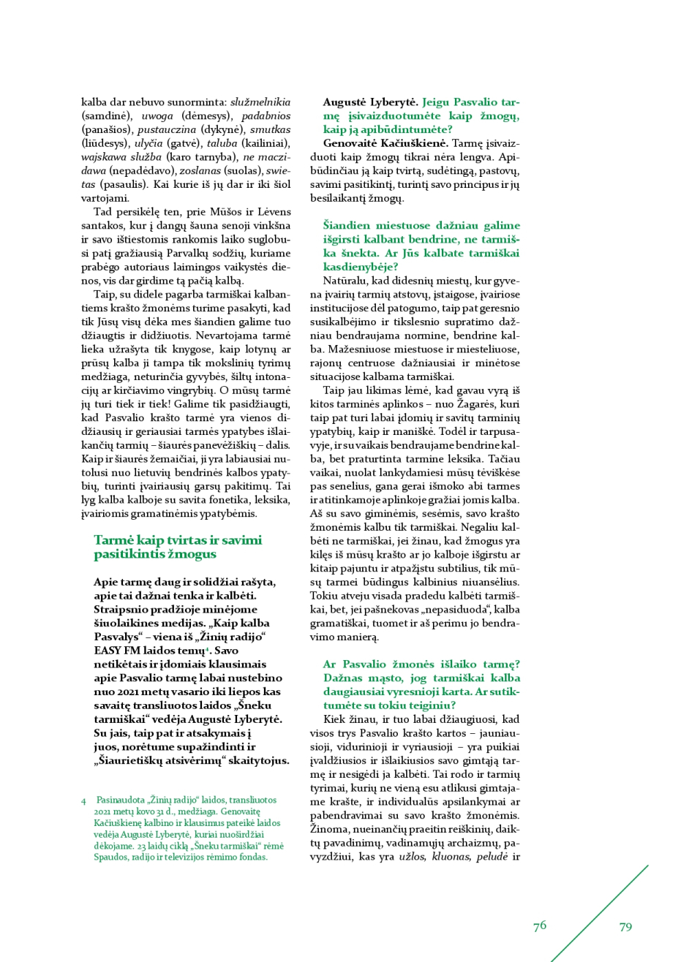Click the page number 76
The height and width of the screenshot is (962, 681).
tap(540, 925)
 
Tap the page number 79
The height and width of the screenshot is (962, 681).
tap(625, 926)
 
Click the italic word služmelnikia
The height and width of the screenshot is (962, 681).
tap(260, 102)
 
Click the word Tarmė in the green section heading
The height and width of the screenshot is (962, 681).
tap(111, 540)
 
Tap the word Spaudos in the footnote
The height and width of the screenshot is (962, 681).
tap(110, 857)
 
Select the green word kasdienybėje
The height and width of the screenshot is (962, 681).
tap(355, 266)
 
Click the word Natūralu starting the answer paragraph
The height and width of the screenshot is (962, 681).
tap(345, 280)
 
